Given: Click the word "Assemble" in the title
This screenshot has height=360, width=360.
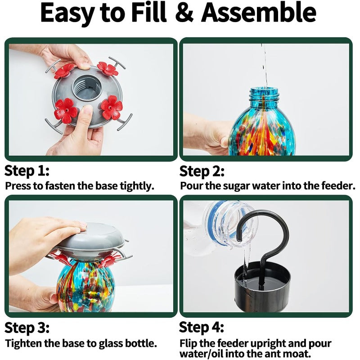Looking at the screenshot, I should coord(258,13).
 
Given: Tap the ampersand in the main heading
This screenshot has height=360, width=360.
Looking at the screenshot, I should coord(183,13).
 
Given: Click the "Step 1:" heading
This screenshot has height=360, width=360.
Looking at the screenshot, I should coord(27,171).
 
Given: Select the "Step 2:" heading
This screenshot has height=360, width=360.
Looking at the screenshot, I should coord(202,171).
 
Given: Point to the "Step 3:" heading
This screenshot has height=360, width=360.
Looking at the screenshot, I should coord(27,327).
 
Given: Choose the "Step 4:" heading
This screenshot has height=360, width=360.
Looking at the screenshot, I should coord(202,327).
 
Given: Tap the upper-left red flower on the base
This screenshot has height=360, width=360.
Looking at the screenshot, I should coord(64,71).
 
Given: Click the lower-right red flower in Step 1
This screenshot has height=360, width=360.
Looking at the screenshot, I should coord(111,108).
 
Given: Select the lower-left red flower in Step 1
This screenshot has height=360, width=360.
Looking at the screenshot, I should coord(66,110).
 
